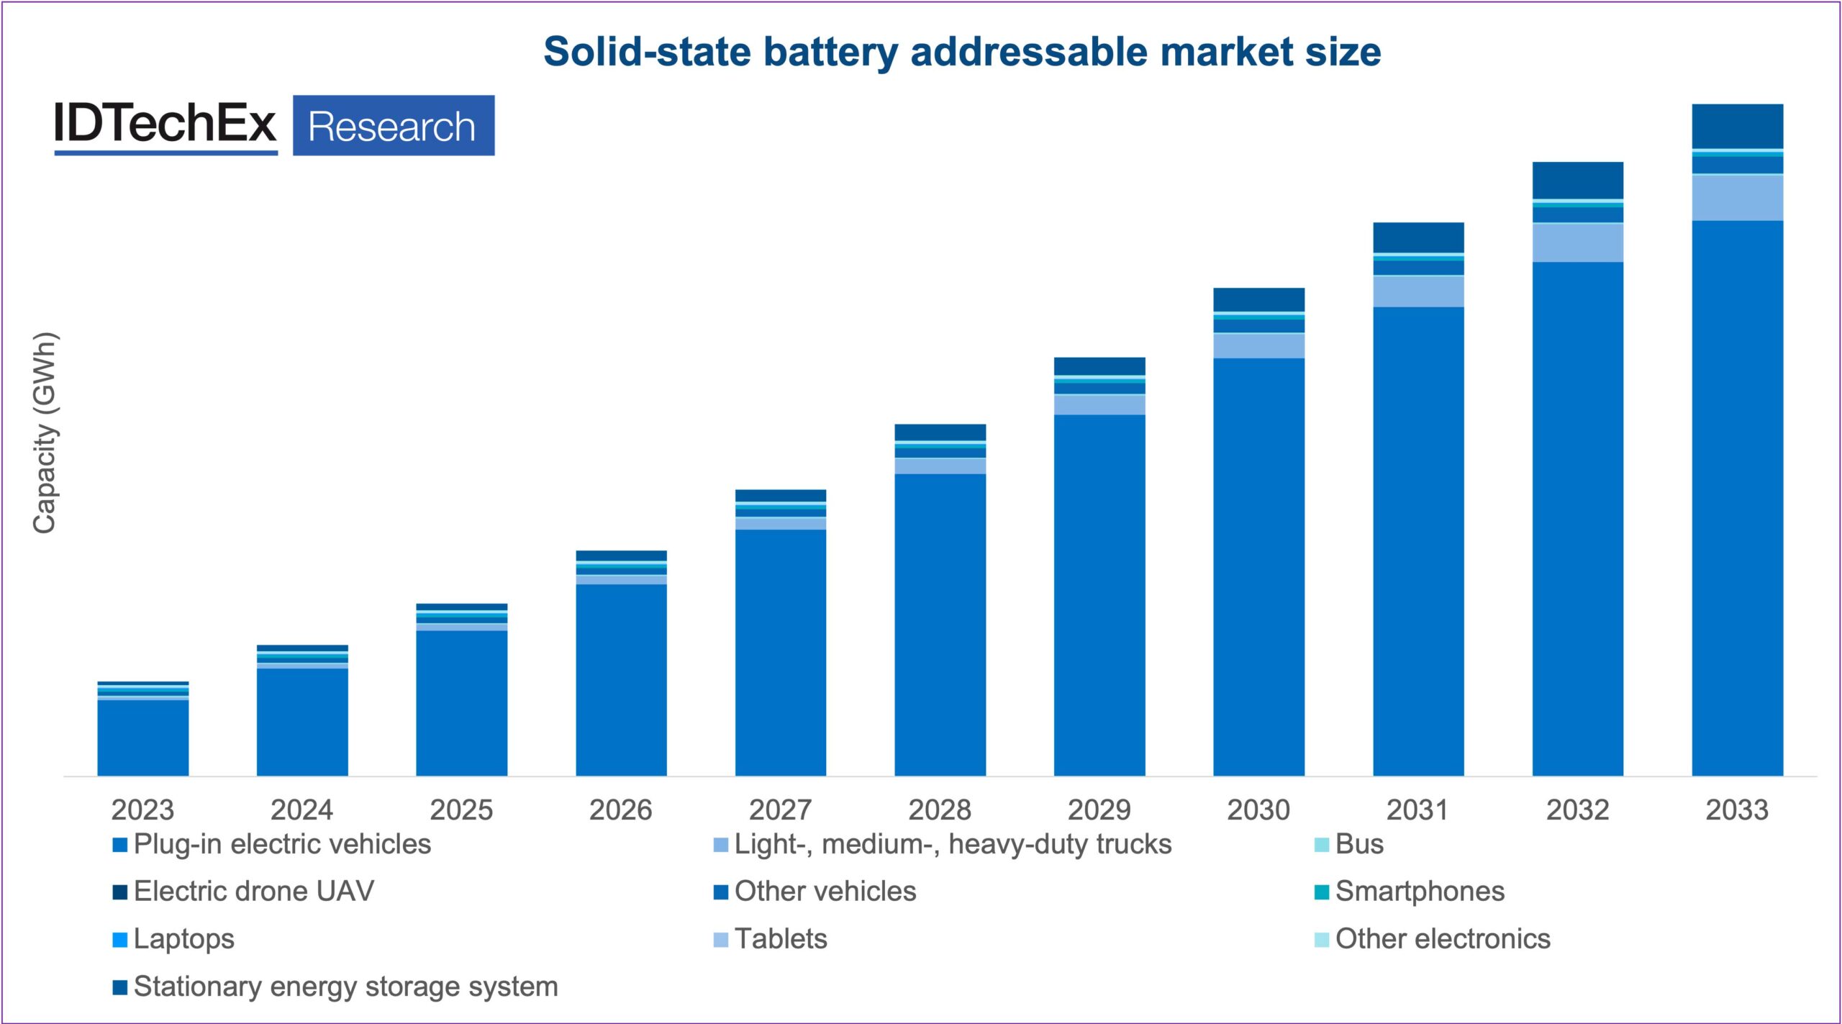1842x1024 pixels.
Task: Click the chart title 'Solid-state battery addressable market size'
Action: (961, 53)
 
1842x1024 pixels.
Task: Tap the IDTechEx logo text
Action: (165, 124)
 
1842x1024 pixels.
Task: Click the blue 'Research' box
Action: (393, 126)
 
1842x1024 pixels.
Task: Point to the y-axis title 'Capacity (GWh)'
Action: (45, 432)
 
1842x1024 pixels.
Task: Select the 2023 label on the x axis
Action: (142, 810)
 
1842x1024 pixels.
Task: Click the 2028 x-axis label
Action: (939, 810)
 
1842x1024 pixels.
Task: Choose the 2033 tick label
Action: (1736, 810)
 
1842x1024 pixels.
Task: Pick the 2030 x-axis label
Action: (1258, 810)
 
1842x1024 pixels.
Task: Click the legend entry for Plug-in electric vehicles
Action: (271, 844)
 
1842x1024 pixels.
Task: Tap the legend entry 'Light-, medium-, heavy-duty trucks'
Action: (942, 844)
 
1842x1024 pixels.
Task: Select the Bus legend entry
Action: (1348, 844)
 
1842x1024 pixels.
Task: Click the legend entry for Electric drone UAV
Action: (243, 892)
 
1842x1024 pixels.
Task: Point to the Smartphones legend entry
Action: (1408, 892)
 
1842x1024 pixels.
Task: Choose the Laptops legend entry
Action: (173, 939)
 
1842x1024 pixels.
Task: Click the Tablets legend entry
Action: (770, 939)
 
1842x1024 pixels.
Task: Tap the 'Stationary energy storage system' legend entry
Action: (335, 987)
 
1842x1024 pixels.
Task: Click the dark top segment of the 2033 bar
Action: (1737, 126)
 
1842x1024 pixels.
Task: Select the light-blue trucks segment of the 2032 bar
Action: (1577, 243)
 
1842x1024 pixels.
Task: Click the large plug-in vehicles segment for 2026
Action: (621, 679)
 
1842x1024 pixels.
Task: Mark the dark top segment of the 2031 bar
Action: (1418, 237)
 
